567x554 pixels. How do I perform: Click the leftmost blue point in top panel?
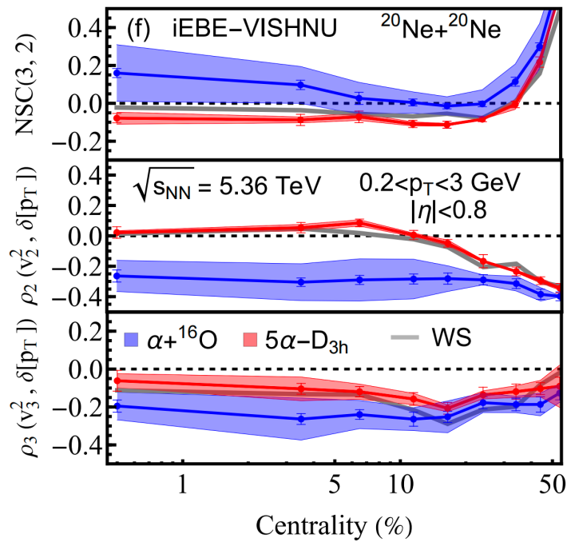[x=117, y=73]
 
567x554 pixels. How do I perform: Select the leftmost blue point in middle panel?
[x=117, y=276]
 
